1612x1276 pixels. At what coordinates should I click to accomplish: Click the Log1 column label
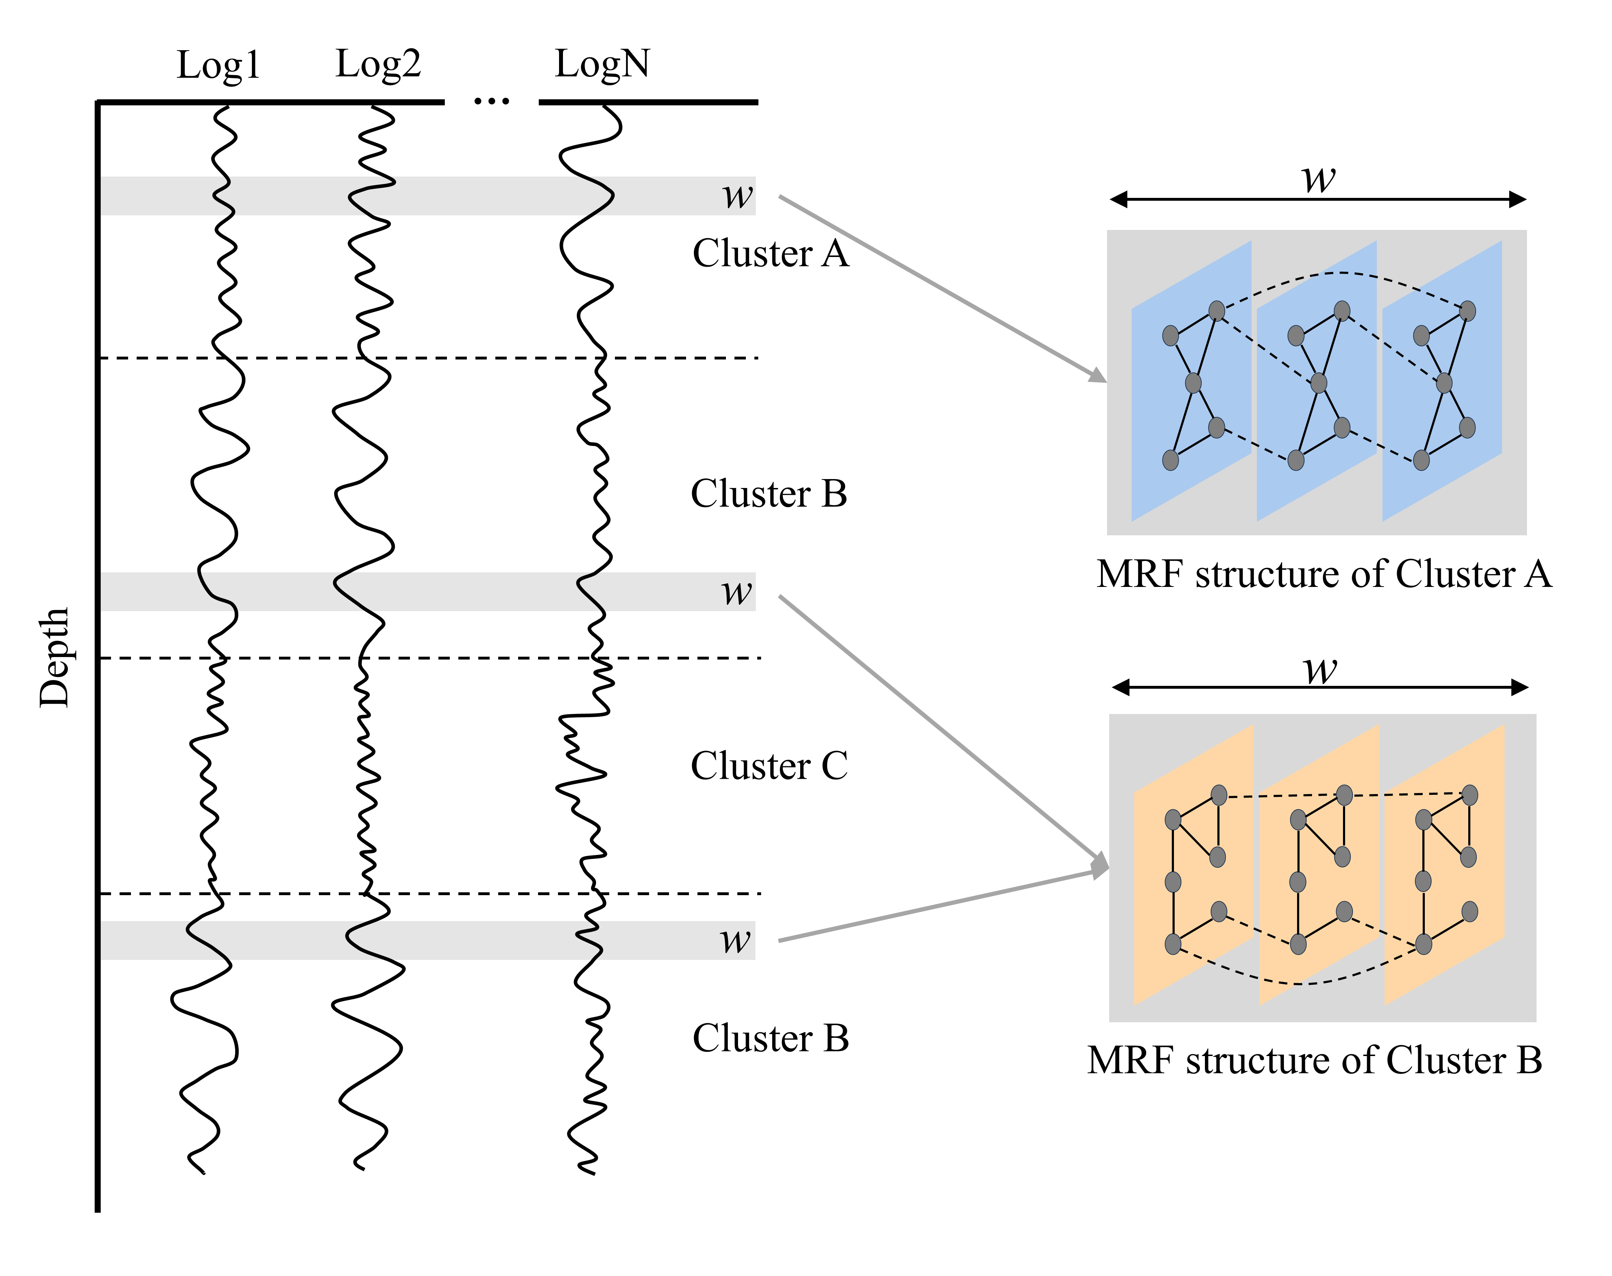point(218,65)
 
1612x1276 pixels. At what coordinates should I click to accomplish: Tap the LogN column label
point(602,63)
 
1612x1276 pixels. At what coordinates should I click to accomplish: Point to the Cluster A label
point(770,253)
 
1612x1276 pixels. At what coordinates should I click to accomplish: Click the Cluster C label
point(769,766)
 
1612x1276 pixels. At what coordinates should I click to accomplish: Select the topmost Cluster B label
point(769,494)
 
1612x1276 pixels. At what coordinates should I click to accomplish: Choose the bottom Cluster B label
point(770,1038)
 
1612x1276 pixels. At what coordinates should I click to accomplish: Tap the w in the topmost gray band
point(737,196)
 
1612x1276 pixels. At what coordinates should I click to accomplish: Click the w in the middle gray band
point(737,592)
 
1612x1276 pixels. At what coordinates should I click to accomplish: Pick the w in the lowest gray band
point(735,940)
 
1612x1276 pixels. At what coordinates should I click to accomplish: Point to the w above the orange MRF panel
point(1320,669)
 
